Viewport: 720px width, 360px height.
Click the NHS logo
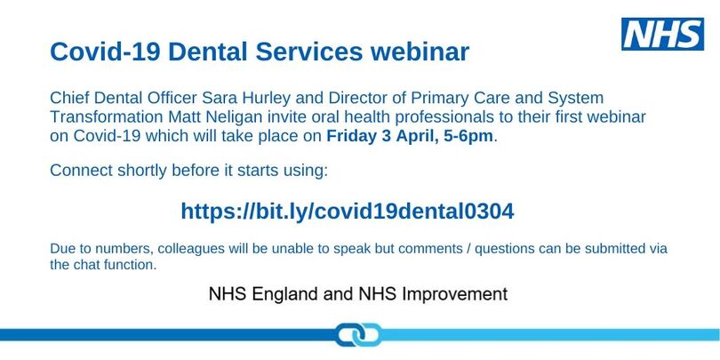click(662, 34)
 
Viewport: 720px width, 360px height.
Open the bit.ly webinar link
click(348, 211)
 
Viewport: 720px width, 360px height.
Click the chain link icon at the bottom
click(357, 335)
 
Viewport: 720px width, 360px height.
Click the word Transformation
click(107, 117)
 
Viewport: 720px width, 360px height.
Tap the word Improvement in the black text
click(454, 294)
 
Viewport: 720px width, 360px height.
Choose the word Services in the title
click(309, 52)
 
